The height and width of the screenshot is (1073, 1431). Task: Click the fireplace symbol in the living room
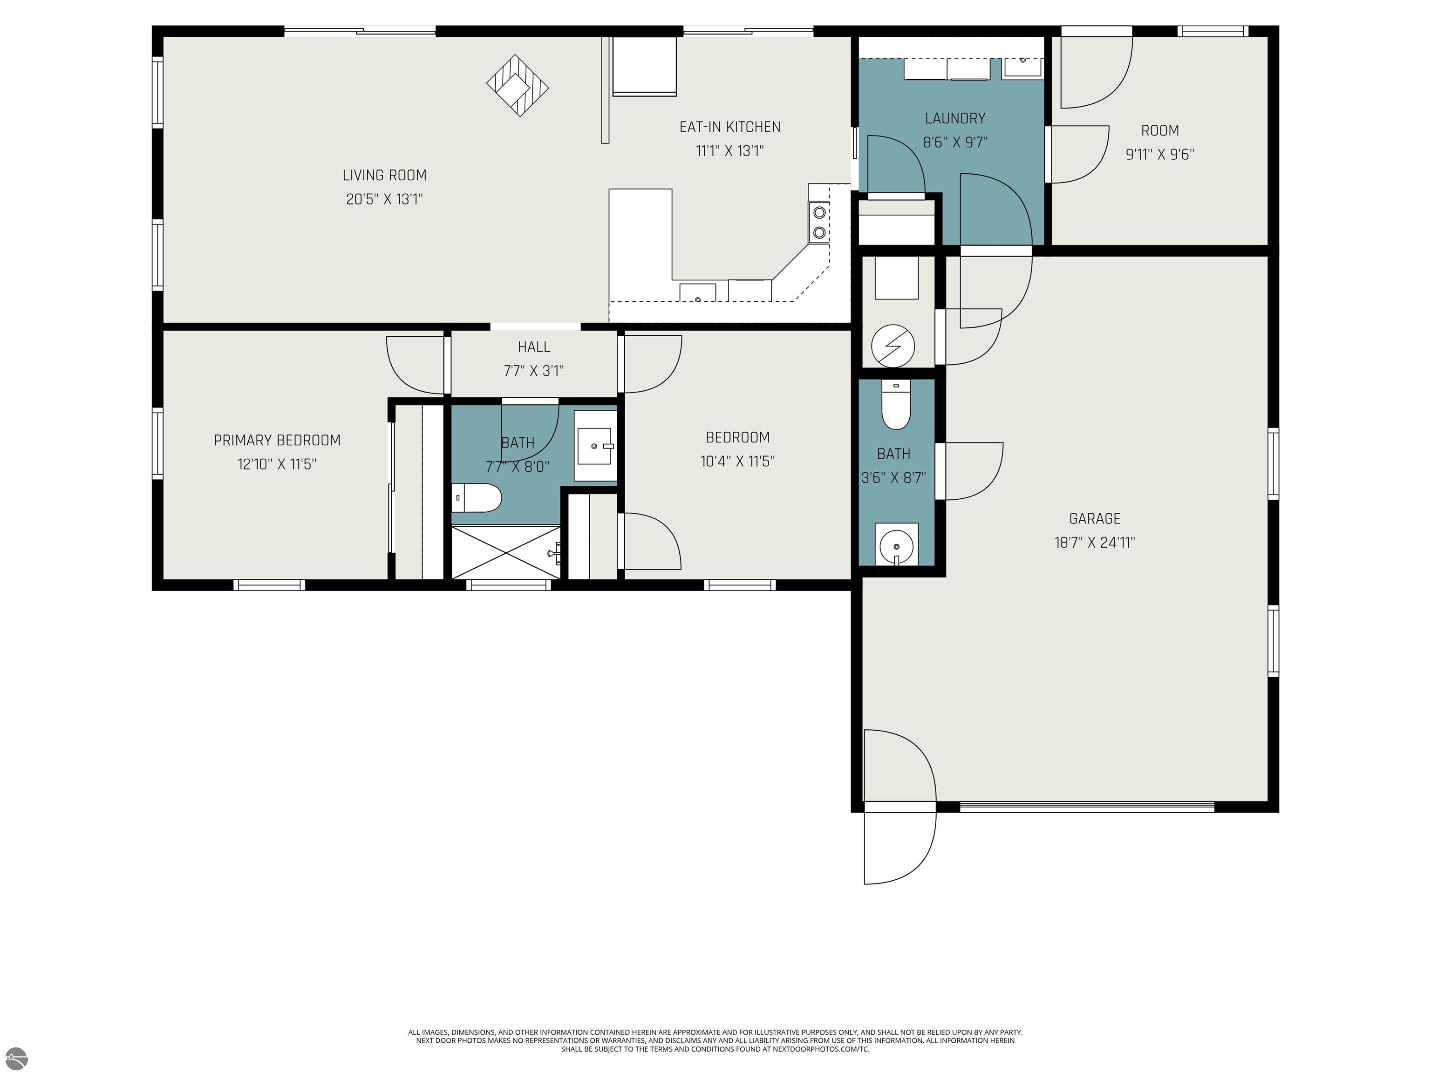pyautogui.click(x=518, y=85)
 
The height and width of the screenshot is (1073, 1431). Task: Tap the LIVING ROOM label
pyautogui.click(x=384, y=175)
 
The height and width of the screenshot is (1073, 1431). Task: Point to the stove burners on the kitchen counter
pyautogui.click(x=819, y=222)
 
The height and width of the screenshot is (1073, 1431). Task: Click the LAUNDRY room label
pyautogui.click(x=955, y=118)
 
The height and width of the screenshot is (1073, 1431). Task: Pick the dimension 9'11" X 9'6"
pyautogui.click(x=1160, y=155)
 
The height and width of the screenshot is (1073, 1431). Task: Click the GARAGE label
pyautogui.click(x=1095, y=519)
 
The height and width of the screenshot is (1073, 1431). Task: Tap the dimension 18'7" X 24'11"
pyautogui.click(x=1095, y=543)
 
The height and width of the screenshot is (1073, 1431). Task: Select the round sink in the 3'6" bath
pyautogui.click(x=896, y=544)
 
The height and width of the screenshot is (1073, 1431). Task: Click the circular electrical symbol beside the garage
pyautogui.click(x=893, y=346)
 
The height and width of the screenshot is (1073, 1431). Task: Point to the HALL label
pyautogui.click(x=534, y=347)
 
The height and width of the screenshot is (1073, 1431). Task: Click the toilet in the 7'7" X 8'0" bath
pyautogui.click(x=476, y=497)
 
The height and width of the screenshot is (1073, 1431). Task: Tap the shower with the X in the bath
pyautogui.click(x=506, y=552)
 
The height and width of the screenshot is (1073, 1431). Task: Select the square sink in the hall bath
pyautogui.click(x=594, y=446)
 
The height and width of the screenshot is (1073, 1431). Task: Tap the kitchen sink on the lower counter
pyautogui.click(x=697, y=292)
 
